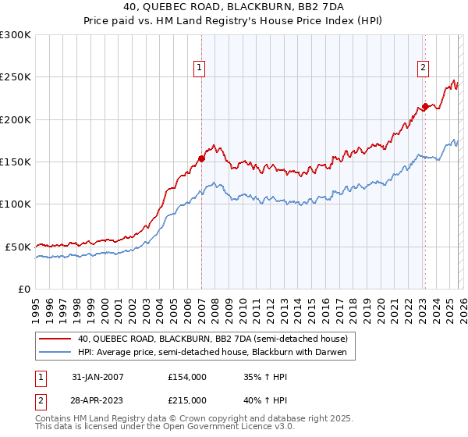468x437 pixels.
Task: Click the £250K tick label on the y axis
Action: (x=16, y=77)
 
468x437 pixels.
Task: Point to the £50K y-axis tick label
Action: (x=18, y=247)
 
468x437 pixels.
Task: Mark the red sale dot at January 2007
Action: (x=201, y=158)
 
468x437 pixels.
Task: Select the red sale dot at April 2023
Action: (x=425, y=106)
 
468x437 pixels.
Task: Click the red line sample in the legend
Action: (x=55, y=339)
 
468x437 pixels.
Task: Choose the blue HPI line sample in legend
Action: (x=55, y=353)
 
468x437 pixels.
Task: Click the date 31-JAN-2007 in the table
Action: (x=97, y=377)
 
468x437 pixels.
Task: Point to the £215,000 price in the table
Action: (x=187, y=400)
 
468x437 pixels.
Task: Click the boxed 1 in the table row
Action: (x=40, y=377)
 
